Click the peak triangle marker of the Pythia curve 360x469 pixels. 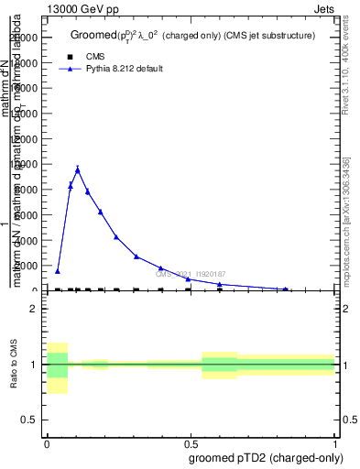tap(78, 169)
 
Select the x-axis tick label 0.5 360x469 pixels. tap(191, 444)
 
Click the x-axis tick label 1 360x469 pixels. tap(335, 444)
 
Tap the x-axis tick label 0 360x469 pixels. tap(47, 444)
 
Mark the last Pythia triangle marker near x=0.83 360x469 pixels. tap(287, 288)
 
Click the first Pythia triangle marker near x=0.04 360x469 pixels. tap(58, 271)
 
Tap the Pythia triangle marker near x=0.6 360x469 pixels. tap(220, 284)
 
